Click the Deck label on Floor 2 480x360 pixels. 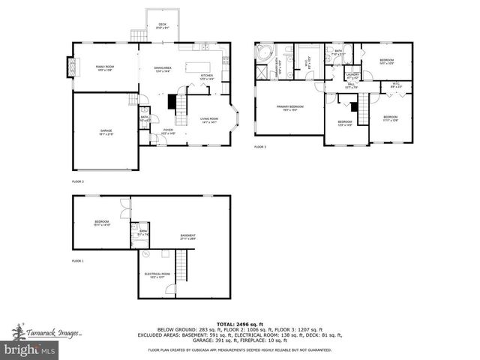pyautogui.click(x=162, y=26)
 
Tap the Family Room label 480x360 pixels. pyautogui.click(x=104, y=68)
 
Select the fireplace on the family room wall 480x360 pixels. pyautogui.click(x=72, y=68)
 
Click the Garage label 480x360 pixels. pyautogui.click(x=106, y=133)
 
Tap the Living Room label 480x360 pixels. pyautogui.click(x=208, y=120)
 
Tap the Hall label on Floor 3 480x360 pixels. pyautogui.click(x=349, y=86)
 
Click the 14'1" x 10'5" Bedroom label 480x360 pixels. pyautogui.click(x=386, y=61)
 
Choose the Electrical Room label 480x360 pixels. pyautogui.click(x=157, y=275)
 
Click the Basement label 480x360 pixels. pyautogui.click(x=187, y=238)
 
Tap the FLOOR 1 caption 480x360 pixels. pyautogui.click(x=78, y=260)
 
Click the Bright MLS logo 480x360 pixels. pyautogui.click(x=30, y=350)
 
